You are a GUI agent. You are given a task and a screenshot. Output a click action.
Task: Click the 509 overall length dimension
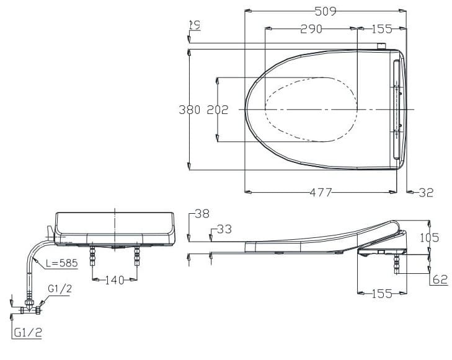point(325,11)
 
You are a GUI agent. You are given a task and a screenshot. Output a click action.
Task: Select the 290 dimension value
point(311,29)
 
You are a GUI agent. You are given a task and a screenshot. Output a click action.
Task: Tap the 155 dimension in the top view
point(383,29)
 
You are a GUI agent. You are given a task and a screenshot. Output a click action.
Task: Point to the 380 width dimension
point(189,110)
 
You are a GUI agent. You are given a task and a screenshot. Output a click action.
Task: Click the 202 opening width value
point(217,110)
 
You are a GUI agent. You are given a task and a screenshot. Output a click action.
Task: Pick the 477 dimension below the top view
point(321,192)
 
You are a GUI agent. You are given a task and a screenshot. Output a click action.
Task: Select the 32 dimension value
point(425,193)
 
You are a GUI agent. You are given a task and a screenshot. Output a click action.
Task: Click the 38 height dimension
point(202,214)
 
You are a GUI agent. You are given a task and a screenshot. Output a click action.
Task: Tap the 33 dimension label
point(224,229)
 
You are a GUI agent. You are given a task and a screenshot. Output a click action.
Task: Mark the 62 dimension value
point(440,280)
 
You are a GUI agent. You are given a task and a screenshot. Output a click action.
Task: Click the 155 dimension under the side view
point(381,294)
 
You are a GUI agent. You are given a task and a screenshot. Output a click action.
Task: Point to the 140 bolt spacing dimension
point(115,280)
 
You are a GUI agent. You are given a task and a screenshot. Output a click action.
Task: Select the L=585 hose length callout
point(61,263)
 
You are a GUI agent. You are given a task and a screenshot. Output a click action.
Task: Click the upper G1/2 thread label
point(60,288)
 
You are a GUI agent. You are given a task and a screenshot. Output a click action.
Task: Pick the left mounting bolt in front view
point(93,254)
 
